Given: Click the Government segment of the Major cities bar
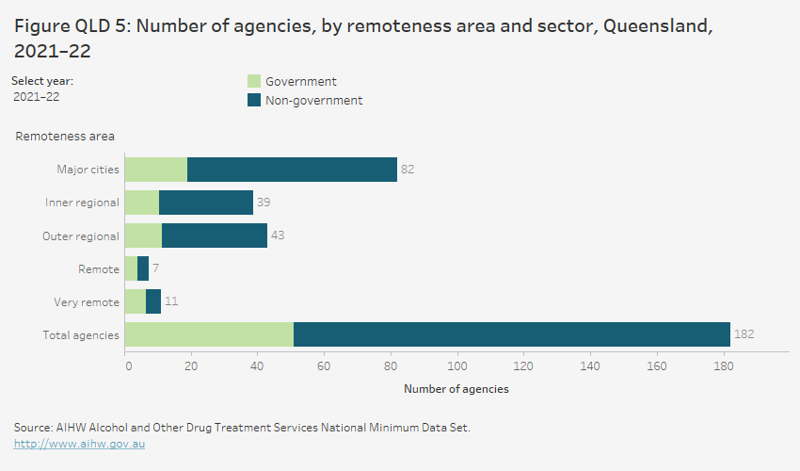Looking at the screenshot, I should [156, 170].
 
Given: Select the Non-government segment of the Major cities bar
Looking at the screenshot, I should [292, 170].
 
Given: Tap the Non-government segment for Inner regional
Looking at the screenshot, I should [206, 203].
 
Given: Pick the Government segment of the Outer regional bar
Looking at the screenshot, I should [143, 235].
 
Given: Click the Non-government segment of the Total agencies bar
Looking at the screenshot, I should [511, 334].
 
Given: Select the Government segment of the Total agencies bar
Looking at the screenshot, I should [209, 334].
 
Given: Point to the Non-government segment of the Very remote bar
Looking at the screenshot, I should [153, 301].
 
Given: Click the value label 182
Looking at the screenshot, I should [744, 334].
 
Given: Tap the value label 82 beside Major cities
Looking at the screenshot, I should [408, 170].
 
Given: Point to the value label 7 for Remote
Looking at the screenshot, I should [155, 268].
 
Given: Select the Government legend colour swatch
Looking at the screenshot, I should [253, 82].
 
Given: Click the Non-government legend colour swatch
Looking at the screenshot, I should [253, 100].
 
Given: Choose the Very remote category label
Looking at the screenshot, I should [87, 302].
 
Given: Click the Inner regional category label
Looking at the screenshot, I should [82, 203].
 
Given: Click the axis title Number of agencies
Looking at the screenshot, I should [456, 388].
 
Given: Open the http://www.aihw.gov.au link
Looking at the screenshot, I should [79, 443].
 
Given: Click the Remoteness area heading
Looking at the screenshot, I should [65, 137].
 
